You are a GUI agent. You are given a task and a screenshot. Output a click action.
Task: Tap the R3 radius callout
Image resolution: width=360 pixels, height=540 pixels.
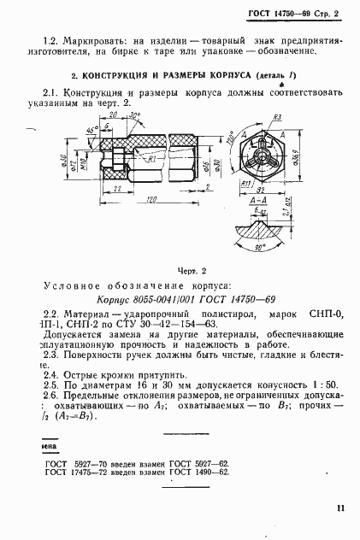pos(279,118)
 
